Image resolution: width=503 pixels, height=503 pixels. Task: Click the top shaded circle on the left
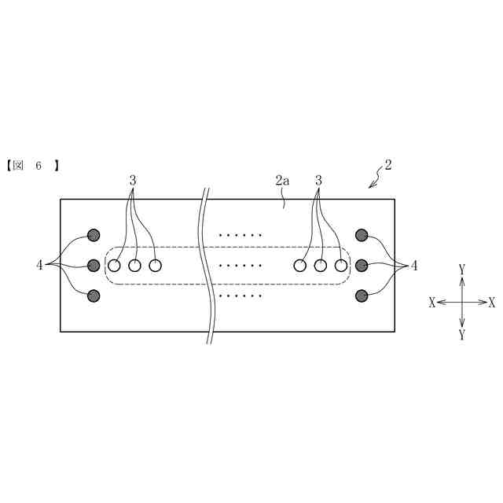(94, 234)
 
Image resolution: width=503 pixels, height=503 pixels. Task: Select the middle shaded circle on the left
(94, 265)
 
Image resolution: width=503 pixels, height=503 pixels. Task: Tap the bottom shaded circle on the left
(94, 296)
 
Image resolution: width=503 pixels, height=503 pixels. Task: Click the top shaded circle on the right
(362, 234)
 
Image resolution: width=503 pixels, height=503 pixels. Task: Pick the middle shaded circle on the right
(362, 265)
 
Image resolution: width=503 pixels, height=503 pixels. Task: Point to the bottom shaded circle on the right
(362, 296)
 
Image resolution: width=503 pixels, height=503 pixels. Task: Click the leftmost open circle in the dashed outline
(115, 266)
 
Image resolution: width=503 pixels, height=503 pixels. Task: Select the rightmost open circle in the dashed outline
(340, 266)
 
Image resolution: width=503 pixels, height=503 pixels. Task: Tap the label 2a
(282, 181)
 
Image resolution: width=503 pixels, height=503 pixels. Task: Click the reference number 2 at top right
(387, 166)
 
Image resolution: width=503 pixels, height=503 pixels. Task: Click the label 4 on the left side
(39, 266)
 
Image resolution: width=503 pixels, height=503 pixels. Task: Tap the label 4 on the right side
(414, 266)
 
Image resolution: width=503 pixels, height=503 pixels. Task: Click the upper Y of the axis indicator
(462, 270)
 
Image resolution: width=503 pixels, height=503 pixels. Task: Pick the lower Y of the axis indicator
(462, 335)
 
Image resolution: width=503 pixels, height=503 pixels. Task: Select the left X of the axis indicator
(431, 303)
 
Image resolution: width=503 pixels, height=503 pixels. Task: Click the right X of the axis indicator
(492, 303)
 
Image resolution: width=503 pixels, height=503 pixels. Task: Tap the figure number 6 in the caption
(38, 166)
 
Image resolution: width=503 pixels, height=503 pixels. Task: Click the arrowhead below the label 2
(371, 185)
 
